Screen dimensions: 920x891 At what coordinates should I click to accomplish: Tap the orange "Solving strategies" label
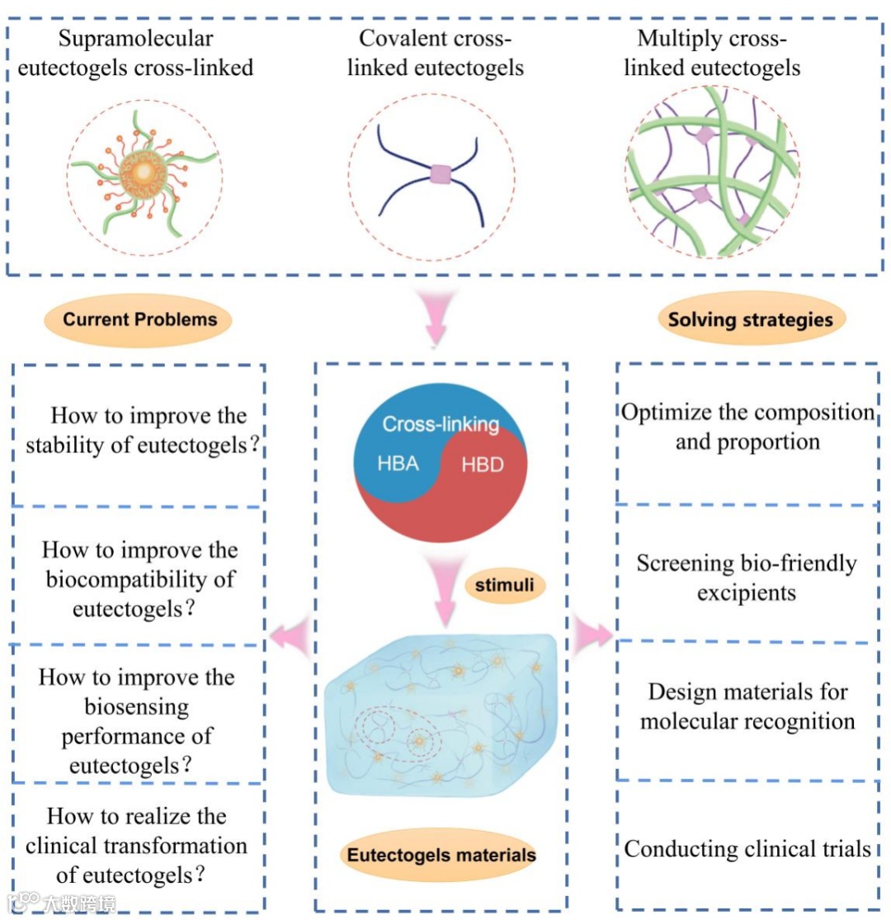[750, 319]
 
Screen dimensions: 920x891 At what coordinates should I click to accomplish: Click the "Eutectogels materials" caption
[441, 854]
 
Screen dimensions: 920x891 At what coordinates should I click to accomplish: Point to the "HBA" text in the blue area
[398, 464]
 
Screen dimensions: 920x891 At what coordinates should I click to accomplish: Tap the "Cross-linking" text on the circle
[441, 425]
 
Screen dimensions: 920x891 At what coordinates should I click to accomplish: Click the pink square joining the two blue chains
[441, 174]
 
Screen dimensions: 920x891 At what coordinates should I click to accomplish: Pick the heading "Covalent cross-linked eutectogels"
[435, 53]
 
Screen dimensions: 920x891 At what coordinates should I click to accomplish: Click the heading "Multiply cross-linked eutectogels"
[711, 53]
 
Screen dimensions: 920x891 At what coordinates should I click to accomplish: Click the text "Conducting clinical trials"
[747, 848]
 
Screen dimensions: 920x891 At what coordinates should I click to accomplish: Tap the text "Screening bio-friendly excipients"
[746, 578]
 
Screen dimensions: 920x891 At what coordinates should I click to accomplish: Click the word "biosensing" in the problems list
[137, 706]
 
